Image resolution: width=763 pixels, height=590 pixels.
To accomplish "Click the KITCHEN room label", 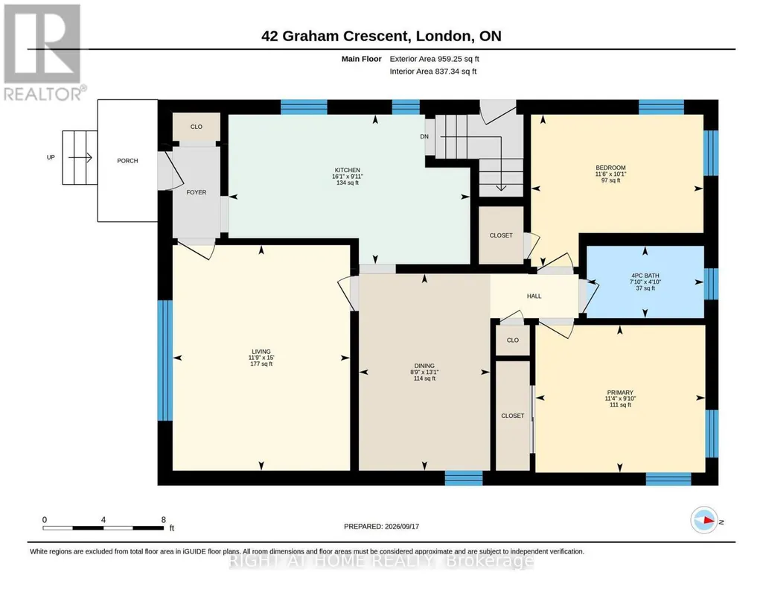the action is (348, 171).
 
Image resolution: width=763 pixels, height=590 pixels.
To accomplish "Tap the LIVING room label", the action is (261, 352).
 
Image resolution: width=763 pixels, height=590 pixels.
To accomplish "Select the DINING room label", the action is (424, 366).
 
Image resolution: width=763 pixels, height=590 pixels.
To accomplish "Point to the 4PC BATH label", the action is (645, 276).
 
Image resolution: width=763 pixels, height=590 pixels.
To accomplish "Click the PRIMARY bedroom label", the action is (620, 393).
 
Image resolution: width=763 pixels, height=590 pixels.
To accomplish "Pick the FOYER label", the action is (196, 192).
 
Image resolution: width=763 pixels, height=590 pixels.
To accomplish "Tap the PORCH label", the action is (127, 161).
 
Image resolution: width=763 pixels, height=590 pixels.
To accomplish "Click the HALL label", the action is (534, 296).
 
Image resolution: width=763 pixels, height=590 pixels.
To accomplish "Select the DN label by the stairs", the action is (424, 136).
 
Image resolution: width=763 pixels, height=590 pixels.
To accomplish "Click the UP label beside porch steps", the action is (51, 157).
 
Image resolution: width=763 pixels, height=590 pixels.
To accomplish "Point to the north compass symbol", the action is (704, 521).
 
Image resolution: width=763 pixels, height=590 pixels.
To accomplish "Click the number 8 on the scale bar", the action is (164, 519).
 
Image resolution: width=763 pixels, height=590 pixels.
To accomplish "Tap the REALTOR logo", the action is (44, 52).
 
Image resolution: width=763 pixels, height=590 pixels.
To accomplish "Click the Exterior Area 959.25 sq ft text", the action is (435, 59).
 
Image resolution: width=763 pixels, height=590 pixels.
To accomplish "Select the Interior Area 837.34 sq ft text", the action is (433, 72).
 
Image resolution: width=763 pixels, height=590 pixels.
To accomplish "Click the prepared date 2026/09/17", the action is (402, 526).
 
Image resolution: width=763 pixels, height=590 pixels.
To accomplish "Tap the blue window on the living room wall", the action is (165, 361).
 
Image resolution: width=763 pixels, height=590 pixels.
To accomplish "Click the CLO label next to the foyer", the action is (196, 127).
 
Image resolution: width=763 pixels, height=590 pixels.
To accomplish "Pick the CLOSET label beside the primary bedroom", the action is (513, 416).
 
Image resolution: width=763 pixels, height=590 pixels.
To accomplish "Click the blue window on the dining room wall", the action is (464, 478).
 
